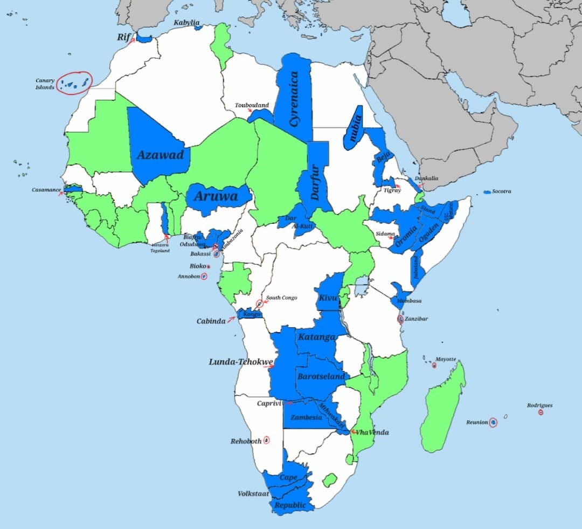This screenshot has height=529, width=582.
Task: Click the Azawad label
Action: point(160,155)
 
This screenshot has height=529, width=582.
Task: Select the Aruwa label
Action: point(216,196)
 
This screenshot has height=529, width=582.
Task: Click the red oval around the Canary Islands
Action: point(75,83)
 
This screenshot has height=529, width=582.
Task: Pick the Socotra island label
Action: point(502,191)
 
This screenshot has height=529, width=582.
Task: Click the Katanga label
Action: point(316,337)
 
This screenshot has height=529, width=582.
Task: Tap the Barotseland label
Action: point(321,377)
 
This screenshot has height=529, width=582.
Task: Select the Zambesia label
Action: point(306,417)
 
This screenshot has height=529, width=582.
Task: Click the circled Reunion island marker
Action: point(493,423)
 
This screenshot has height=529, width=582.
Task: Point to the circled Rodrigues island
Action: point(541,413)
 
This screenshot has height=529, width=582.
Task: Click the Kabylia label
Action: point(186,23)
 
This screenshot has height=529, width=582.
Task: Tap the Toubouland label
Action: point(252,105)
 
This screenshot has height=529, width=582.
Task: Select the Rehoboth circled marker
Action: point(266,441)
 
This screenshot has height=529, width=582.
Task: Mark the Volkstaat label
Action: point(253,493)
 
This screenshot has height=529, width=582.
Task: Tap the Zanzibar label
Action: point(416,319)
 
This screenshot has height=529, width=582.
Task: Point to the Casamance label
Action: point(46,190)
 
